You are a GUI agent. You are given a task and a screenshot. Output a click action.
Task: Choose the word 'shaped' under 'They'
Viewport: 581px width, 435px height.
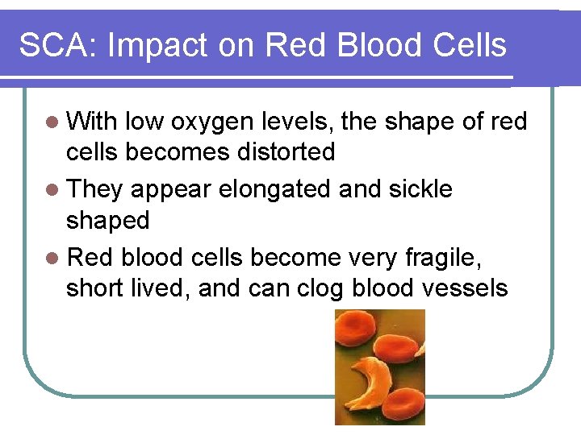click(107, 220)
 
